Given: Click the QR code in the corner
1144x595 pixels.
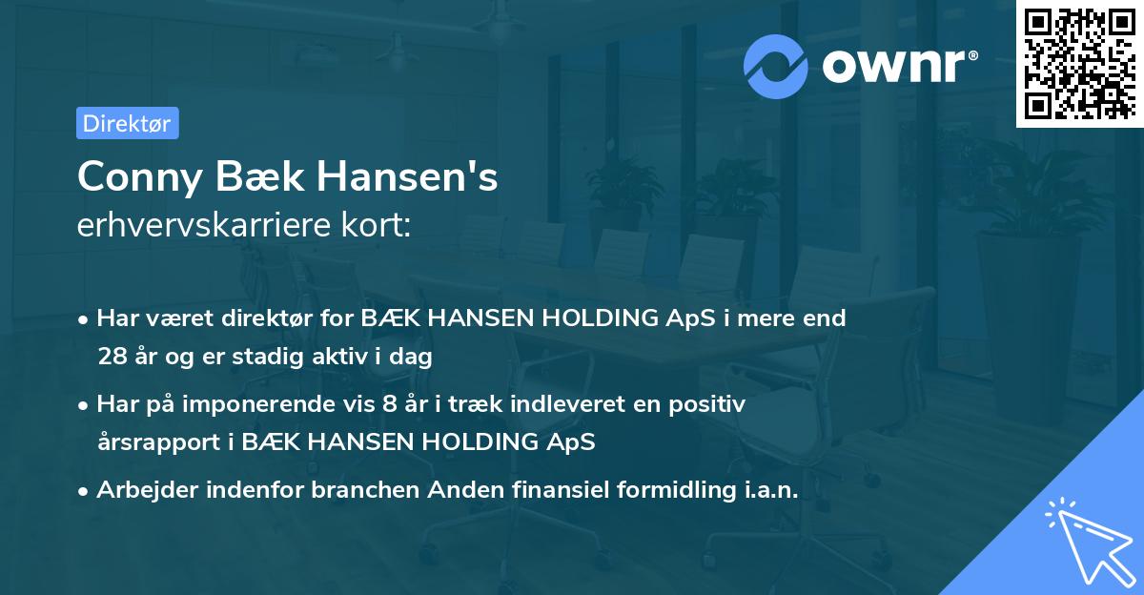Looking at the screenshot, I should pyautogui.click(x=1078, y=63).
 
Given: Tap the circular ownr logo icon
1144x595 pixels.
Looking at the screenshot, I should pyautogui.click(x=775, y=66).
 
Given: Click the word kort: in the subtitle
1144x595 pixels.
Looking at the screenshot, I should pyautogui.click(x=379, y=225).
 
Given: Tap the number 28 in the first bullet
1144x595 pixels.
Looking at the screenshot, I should pyautogui.click(x=111, y=358).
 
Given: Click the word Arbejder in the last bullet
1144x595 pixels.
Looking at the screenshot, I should pyautogui.click(x=143, y=490).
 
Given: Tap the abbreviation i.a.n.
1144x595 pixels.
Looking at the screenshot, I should pyautogui.click(x=767, y=490).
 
